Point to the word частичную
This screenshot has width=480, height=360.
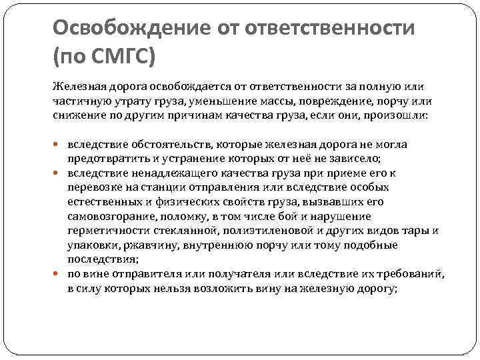78,101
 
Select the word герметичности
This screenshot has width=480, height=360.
103,231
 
